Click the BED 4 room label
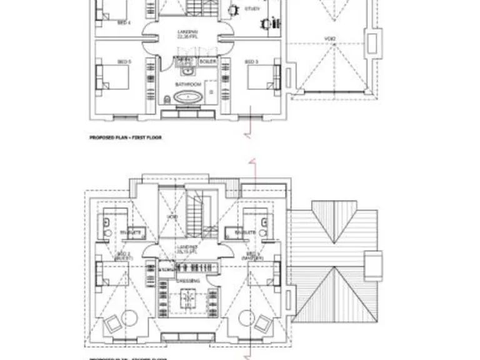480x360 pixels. coord(124,22)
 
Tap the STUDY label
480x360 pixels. coord(252,9)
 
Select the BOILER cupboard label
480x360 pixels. coord(207,62)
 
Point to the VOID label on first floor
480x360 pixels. coord(330,39)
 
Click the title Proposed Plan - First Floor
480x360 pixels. coord(126,136)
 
